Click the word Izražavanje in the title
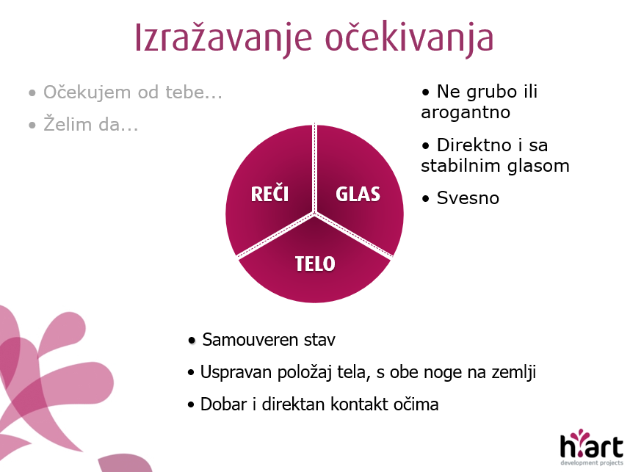point(223,38)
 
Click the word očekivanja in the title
point(409,38)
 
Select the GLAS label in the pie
point(358,194)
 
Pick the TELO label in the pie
point(315,264)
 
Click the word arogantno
point(466,112)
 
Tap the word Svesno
point(468,198)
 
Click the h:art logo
point(591,447)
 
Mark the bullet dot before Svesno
point(425,199)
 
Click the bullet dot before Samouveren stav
point(192,341)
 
